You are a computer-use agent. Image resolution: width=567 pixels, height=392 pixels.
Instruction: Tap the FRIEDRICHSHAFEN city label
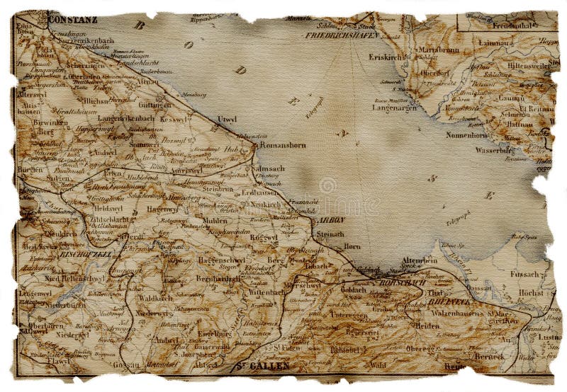[342, 34]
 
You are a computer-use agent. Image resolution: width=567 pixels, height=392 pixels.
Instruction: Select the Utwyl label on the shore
[228, 120]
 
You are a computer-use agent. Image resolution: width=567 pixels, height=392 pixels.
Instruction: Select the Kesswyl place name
[173, 120]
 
